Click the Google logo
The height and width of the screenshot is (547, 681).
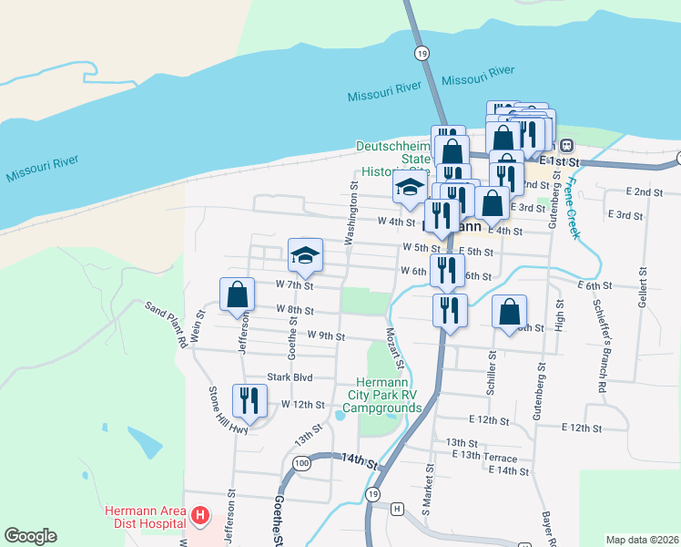pos(30,536)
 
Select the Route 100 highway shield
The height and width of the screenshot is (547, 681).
pos(302,464)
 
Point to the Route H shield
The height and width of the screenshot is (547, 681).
pos(397,507)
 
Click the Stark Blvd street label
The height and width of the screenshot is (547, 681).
pos(290,377)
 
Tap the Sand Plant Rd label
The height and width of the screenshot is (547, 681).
pos(166,325)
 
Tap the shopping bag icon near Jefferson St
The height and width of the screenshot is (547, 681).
pos(237,294)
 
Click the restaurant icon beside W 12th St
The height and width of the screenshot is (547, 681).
pos(248,399)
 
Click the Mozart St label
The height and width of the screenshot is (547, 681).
pos(394,347)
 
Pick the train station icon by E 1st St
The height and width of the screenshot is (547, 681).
pos(566,145)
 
